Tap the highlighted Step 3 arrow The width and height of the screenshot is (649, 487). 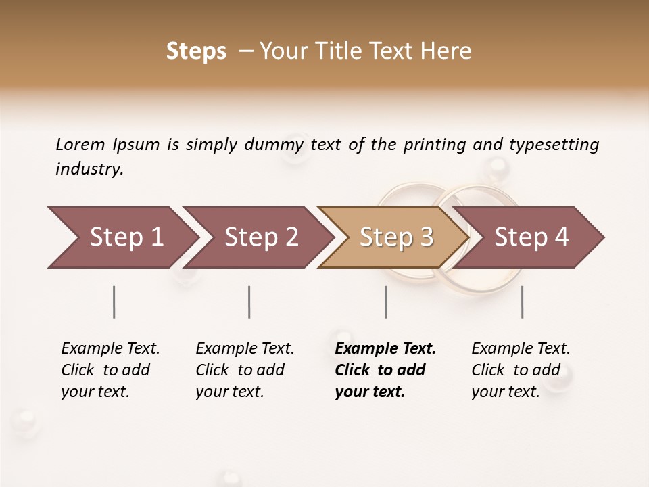(x=396, y=237)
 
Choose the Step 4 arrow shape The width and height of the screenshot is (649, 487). (x=531, y=237)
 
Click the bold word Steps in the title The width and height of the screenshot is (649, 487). (x=196, y=51)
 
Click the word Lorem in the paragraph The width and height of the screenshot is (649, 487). (x=80, y=144)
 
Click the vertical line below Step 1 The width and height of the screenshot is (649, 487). (x=114, y=302)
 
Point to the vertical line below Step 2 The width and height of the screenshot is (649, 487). (x=249, y=302)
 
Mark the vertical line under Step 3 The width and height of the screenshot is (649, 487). (x=385, y=302)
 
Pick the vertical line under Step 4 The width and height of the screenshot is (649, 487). (x=522, y=302)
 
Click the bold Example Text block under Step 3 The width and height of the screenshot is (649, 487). (x=385, y=370)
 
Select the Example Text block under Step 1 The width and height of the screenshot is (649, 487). (x=110, y=370)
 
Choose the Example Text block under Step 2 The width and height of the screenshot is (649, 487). (x=245, y=370)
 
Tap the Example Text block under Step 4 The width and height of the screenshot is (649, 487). (x=521, y=370)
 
